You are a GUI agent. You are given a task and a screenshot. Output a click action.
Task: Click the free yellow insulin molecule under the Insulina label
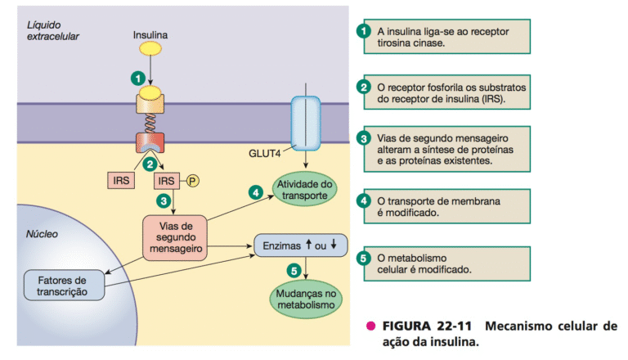point(149,49)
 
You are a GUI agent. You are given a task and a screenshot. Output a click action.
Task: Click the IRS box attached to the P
point(167,180)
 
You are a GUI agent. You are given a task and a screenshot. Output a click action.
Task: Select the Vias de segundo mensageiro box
point(174,238)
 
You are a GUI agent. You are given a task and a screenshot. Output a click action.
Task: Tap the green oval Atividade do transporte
point(303,189)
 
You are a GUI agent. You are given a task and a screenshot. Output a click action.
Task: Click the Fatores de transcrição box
point(65,284)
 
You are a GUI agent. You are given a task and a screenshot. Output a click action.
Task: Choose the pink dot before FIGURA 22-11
point(370,326)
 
